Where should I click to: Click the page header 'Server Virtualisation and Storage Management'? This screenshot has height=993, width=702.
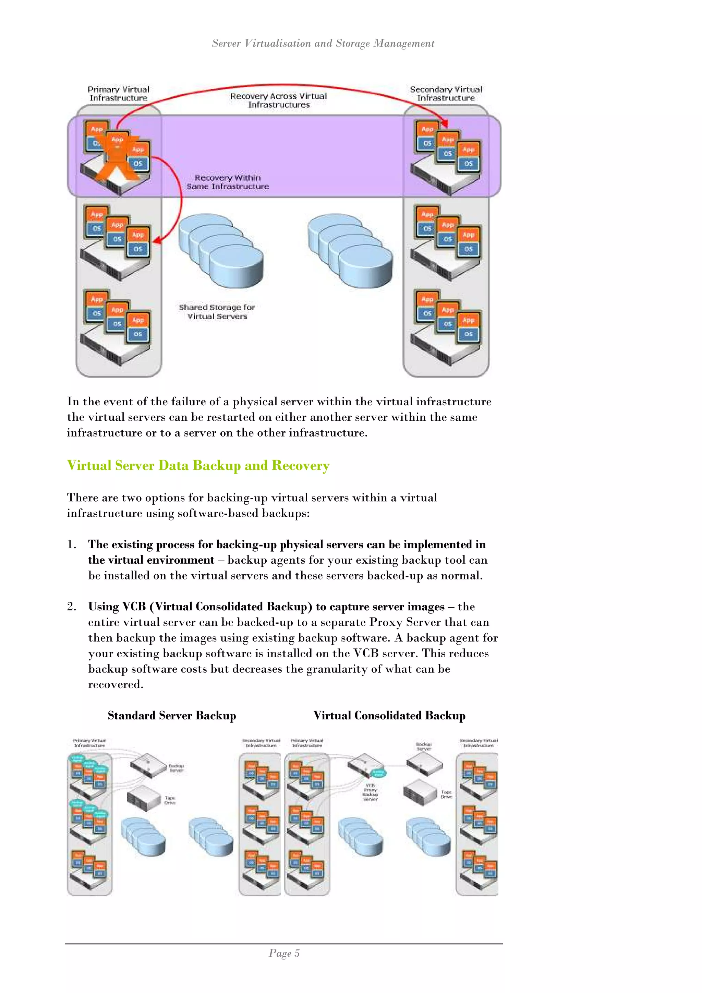323,43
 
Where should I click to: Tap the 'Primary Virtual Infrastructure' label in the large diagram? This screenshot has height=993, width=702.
119,93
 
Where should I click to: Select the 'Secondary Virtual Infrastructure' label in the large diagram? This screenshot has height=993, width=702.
446,93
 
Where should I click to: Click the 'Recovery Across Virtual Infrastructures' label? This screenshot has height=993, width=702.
278,100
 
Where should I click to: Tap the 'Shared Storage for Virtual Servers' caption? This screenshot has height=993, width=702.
217,312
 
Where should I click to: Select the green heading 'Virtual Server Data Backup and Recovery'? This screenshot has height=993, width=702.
198,465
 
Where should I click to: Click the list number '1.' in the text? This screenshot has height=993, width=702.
71,545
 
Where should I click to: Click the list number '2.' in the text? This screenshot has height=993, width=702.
71,607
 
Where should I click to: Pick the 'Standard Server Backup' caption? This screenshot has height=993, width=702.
172,715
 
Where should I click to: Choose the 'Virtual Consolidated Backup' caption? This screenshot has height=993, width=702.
389,715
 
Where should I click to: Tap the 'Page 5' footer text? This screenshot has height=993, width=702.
284,953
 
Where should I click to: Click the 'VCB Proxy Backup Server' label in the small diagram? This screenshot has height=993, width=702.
371,792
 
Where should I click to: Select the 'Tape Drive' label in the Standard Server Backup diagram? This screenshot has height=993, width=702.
170,800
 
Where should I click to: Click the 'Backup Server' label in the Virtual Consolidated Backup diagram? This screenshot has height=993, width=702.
424,746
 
